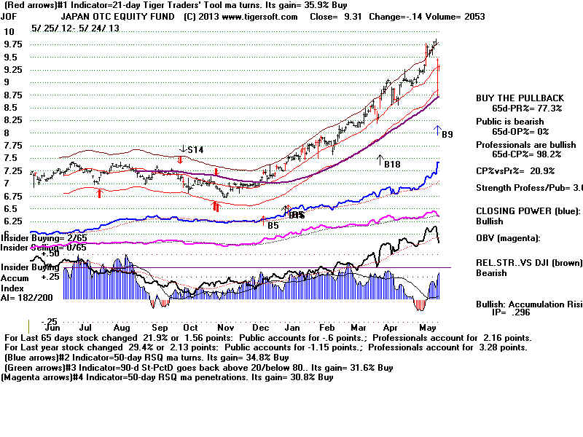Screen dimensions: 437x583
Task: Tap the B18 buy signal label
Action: point(392,165)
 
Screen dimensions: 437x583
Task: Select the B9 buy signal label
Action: point(447,134)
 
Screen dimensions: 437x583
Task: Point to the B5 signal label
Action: point(273,226)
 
